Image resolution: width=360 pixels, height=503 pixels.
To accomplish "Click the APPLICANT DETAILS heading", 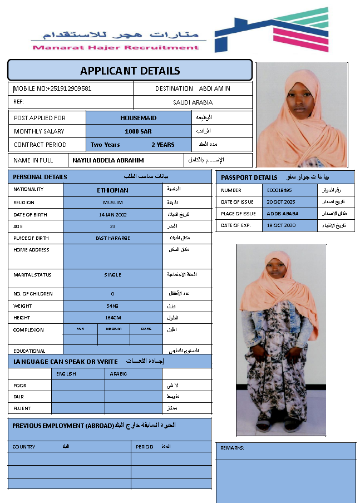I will click(x=130, y=71).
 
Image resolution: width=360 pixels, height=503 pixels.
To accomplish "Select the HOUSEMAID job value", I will click(x=139, y=118).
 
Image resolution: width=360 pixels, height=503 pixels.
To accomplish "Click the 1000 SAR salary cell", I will click(x=139, y=131).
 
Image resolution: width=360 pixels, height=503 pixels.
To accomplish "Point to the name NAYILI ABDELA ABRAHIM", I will click(x=109, y=160).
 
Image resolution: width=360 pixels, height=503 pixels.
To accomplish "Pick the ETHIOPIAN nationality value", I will click(x=112, y=190).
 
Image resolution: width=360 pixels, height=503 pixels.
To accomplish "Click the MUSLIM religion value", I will click(x=113, y=203).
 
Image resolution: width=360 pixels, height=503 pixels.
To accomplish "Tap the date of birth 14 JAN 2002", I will click(x=112, y=215).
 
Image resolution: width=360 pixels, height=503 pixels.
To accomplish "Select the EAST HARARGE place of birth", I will click(x=112, y=238).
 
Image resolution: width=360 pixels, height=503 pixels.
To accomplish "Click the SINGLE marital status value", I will click(x=113, y=275).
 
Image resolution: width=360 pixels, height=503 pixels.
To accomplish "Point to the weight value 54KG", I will click(x=113, y=306).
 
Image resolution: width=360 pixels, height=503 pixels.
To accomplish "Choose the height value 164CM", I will click(x=113, y=318).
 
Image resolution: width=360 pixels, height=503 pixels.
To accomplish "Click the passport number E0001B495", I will click(x=279, y=190).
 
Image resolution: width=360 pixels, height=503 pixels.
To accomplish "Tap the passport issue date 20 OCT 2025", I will click(x=281, y=202).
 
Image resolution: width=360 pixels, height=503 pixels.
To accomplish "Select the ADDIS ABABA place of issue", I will click(x=283, y=214).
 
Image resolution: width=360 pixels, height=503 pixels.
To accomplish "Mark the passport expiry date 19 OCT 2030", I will click(x=281, y=225).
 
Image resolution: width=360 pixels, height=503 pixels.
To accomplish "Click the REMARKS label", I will click(x=232, y=448).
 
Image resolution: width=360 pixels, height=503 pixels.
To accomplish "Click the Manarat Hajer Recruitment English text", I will click(x=116, y=48).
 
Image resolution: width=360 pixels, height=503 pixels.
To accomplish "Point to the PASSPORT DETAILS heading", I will click(x=249, y=177).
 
